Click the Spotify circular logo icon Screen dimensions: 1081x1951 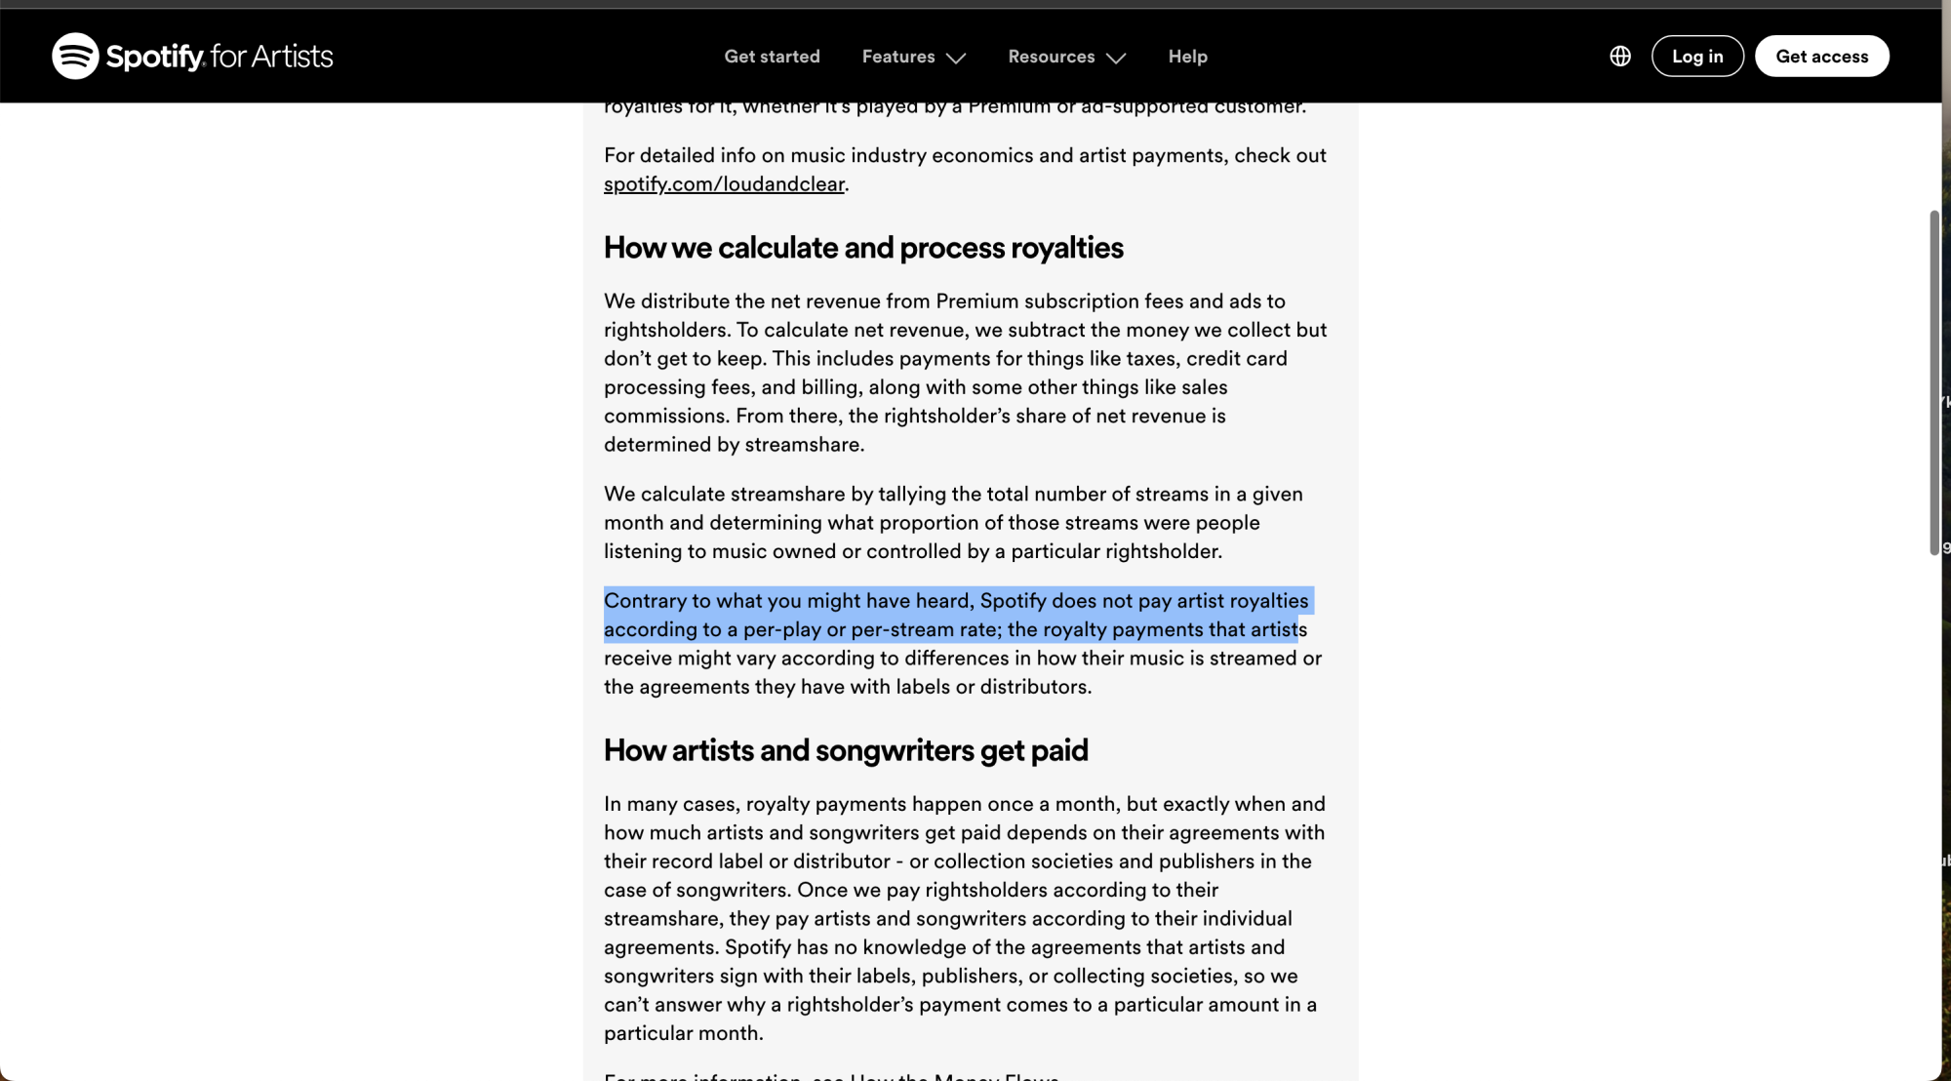pos(75,56)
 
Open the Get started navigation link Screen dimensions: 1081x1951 pos(772,57)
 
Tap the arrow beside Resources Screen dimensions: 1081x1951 pos(1116,58)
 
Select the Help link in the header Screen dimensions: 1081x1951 pos(1187,57)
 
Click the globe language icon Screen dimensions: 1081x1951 pos(1619,57)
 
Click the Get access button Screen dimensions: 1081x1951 pos(1821,57)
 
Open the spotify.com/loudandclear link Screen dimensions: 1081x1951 pos(724,184)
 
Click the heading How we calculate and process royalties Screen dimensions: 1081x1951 pos(863,248)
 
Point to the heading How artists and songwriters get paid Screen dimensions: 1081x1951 pos(846,750)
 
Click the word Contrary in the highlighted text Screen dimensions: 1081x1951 pos(645,601)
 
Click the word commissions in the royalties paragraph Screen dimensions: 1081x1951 pos(665,417)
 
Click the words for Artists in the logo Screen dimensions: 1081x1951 pos(271,57)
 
